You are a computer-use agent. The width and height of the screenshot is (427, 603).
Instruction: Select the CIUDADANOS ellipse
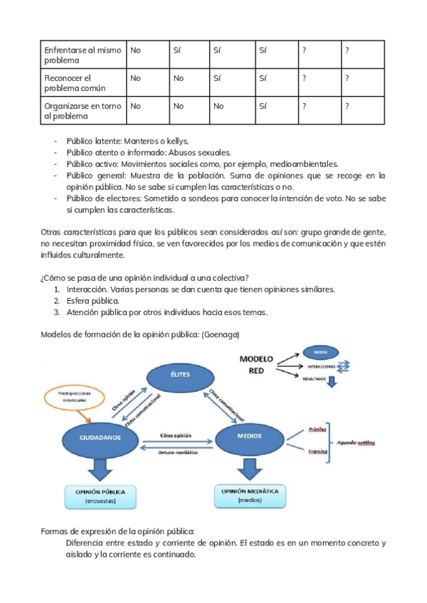tap(97, 436)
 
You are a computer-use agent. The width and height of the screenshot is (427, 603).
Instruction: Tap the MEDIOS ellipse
tap(249, 436)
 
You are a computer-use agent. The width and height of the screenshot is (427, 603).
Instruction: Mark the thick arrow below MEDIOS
tap(248, 469)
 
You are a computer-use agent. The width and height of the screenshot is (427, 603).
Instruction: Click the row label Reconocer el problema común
tap(75, 82)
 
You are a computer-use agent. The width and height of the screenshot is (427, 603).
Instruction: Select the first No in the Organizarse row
tap(135, 106)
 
